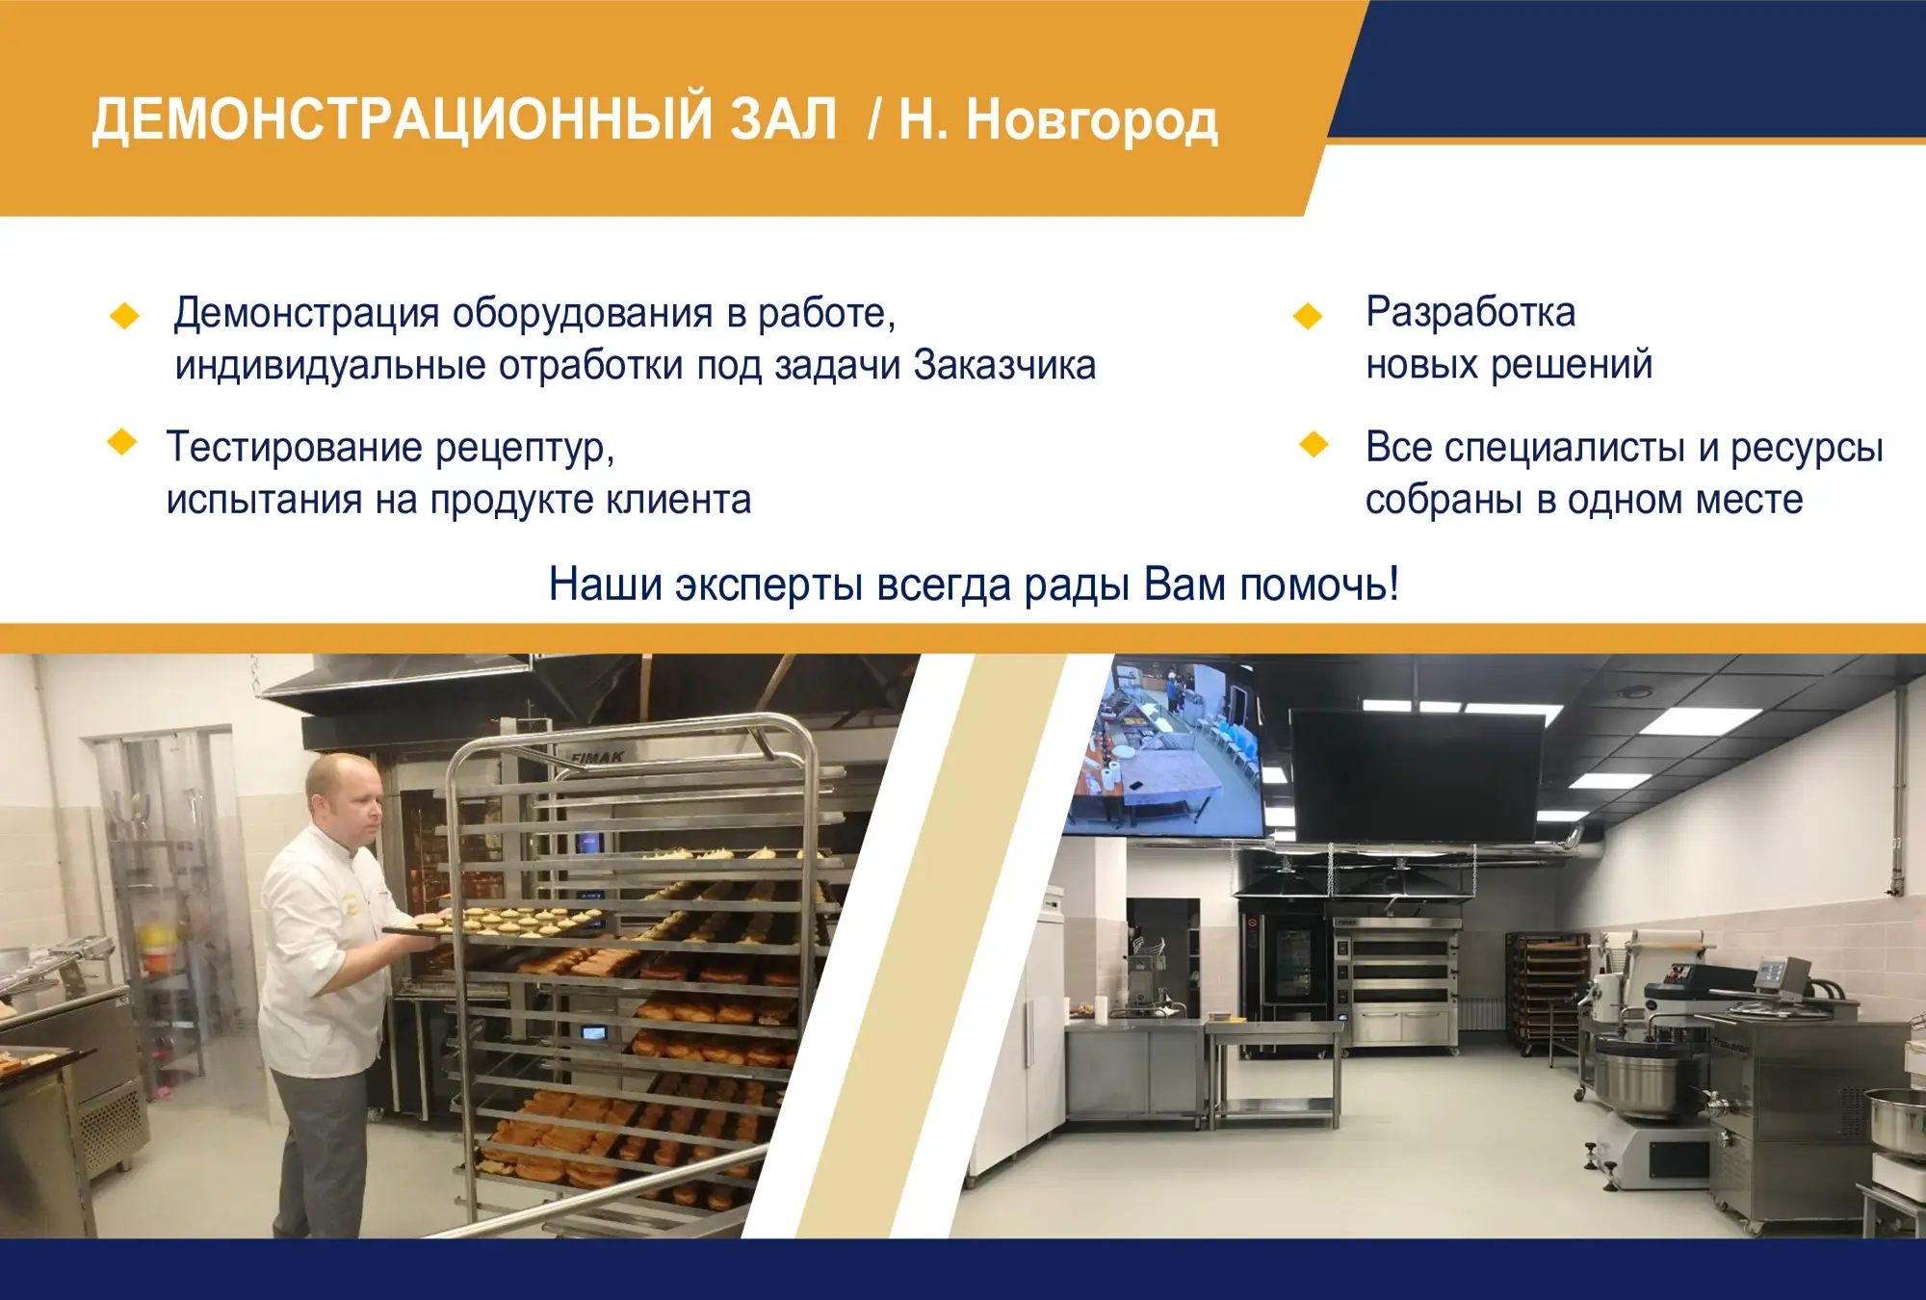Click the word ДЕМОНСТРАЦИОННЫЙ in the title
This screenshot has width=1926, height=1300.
(x=464, y=120)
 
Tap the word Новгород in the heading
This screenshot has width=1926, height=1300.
(x=1092, y=120)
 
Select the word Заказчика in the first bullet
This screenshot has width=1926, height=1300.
(x=1004, y=366)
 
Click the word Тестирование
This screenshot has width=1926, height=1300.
(x=295, y=449)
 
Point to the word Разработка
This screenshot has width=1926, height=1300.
(x=1471, y=313)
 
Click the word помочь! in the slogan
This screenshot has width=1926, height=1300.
(x=1319, y=585)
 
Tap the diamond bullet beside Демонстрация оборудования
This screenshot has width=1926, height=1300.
(x=125, y=316)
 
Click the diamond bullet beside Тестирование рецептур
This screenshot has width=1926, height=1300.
(x=122, y=443)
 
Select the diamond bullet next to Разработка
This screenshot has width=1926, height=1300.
(x=1308, y=316)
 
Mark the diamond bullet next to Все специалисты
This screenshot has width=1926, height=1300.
(x=1314, y=444)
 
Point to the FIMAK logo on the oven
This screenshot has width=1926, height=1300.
(x=597, y=759)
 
